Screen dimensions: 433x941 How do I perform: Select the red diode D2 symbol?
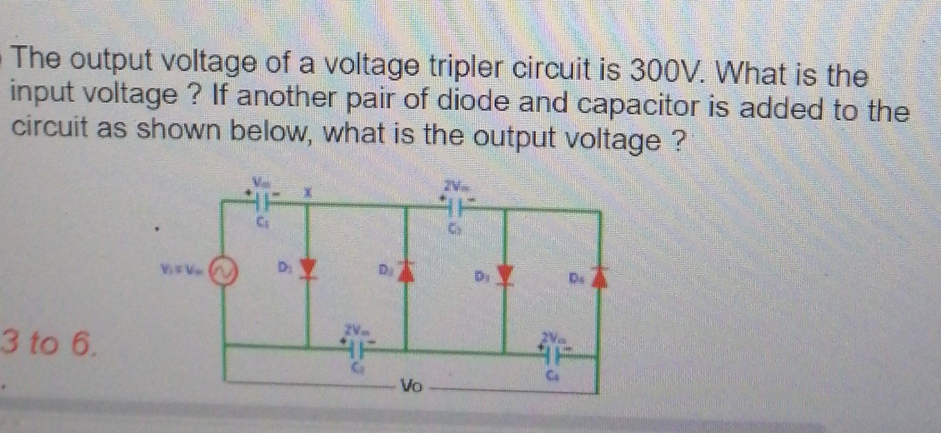(x=405, y=272)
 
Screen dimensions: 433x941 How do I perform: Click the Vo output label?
(x=411, y=386)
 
